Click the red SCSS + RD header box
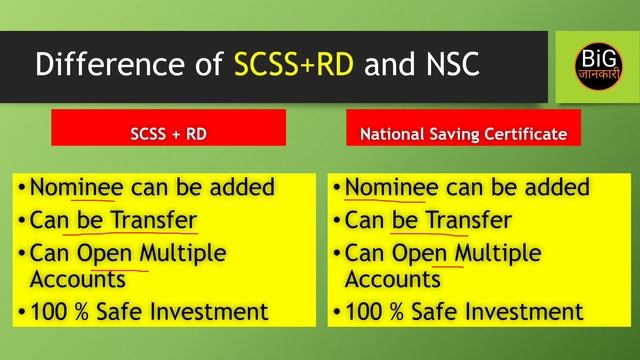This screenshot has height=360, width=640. tap(169, 130)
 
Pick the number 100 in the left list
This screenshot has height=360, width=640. tap(49, 311)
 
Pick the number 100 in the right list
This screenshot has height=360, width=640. tap(364, 311)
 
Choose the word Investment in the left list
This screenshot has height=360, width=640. tap(215, 311)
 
